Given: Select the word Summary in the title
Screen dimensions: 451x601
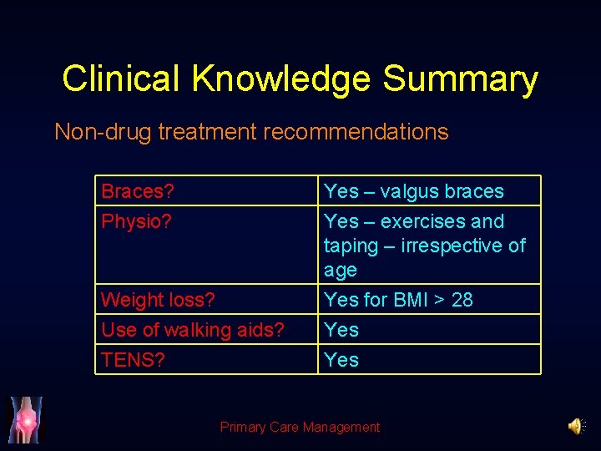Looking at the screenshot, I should tap(460, 79).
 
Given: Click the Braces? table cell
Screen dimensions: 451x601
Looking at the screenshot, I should tap(138, 191).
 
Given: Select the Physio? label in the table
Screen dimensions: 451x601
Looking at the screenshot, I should tap(135, 221).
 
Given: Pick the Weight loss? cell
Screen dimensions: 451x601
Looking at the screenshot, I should tap(158, 300).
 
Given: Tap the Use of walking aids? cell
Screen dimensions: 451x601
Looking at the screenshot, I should tap(193, 330).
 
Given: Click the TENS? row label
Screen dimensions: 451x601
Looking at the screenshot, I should tap(133, 360).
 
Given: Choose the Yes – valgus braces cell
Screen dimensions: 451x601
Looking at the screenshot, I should tap(414, 191).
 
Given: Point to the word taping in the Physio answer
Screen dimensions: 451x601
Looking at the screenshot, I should tap(350, 246).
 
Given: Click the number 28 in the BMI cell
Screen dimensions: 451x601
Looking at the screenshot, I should tap(462, 300).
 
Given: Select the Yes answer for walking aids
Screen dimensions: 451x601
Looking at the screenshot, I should tap(341, 330).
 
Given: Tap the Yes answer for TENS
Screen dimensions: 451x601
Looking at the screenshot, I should tap(341, 360).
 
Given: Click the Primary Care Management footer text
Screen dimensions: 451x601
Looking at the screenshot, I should tap(300, 427).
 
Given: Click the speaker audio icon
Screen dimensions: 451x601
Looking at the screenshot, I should tap(576, 427).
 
